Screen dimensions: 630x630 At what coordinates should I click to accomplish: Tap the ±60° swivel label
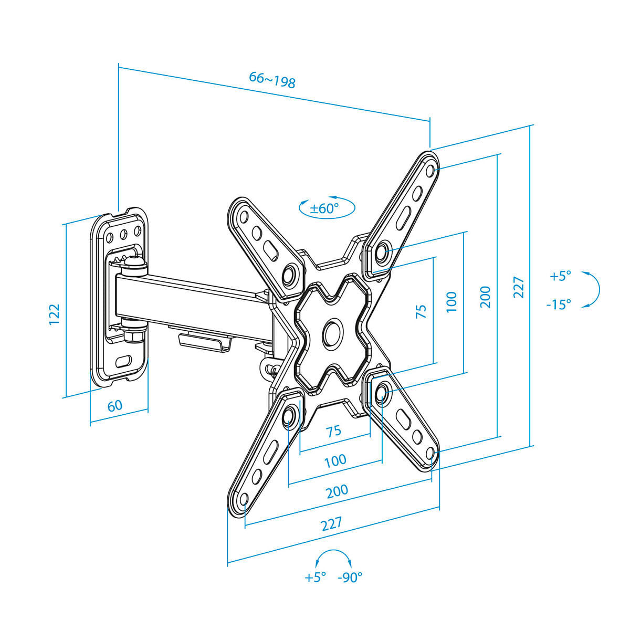coord(324,208)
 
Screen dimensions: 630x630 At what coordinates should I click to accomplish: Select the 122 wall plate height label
coord(54,314)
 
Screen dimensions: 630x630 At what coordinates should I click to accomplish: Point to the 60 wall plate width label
coord(115,406)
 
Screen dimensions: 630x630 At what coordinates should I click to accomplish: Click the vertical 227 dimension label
coord(519,287)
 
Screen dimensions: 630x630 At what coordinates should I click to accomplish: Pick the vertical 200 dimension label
coord(486,297)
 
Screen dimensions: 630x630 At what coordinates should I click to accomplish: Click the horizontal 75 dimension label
coord(333,432)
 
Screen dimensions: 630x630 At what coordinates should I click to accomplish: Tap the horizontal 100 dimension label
coord(335,460)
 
